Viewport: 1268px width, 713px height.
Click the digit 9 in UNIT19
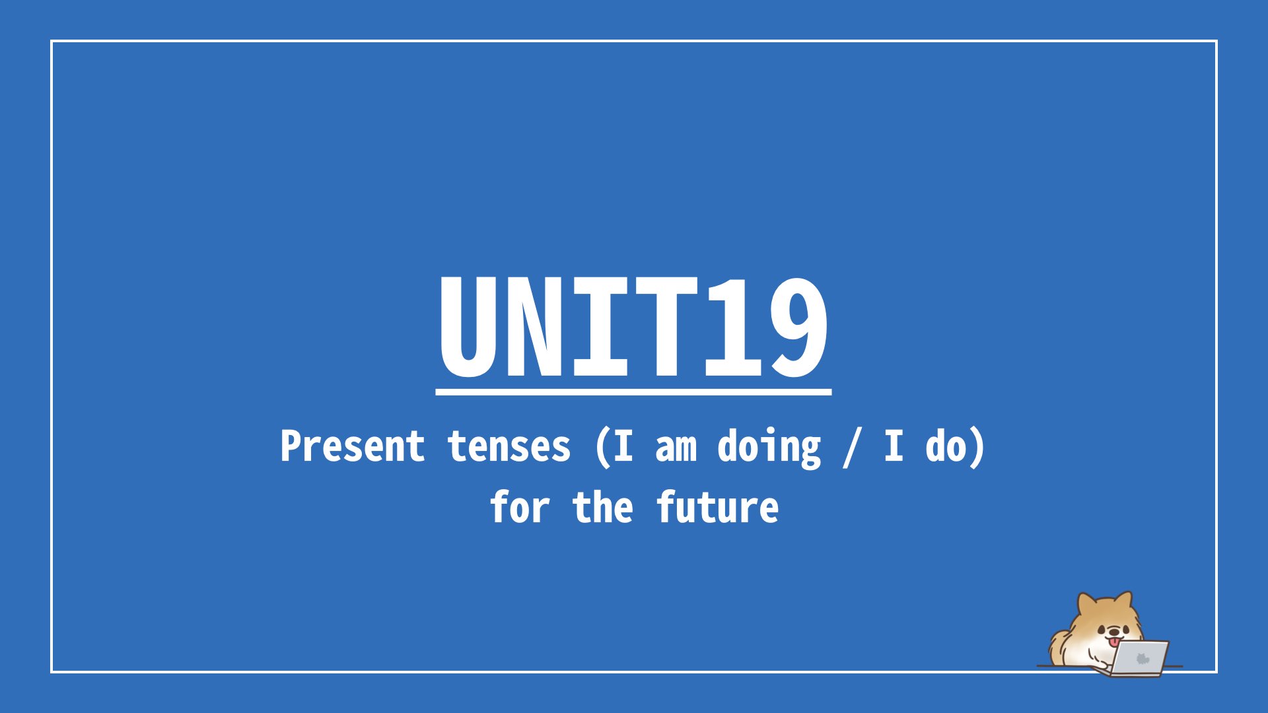click(x=796, y=327)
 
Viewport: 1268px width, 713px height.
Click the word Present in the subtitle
click(x=352, y=446)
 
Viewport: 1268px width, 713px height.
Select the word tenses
click(x=509, y=447)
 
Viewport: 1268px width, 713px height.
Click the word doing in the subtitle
click(x=769, y=448)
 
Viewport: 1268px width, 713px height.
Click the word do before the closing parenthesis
click(x=946, y=446)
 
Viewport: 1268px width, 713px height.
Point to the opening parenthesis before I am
click(x=602, y=448)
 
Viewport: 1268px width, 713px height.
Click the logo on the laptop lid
click(x=1143, y=658)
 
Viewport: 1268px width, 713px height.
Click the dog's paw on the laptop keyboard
click(x=1101, y=665)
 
